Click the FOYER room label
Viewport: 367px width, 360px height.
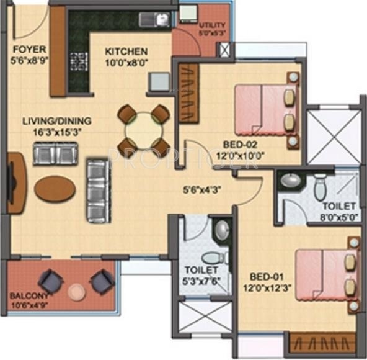(25, 48)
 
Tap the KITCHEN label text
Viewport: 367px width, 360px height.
(126, 52)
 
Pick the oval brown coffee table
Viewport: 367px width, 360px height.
(55, 189)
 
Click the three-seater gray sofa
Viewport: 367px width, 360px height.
(97, 190)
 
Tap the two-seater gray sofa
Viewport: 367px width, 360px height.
(55, 153)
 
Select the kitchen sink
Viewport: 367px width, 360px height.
(154, 20)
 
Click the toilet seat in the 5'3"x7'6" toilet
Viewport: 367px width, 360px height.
(211, 258)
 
